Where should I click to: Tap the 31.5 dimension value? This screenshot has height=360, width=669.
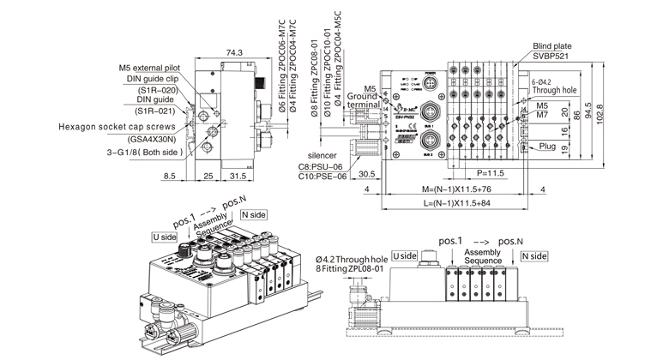[237, 177]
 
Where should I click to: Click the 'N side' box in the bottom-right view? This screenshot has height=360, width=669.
[533, 256]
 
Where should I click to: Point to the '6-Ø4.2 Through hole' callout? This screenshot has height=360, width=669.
[556, 84]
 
